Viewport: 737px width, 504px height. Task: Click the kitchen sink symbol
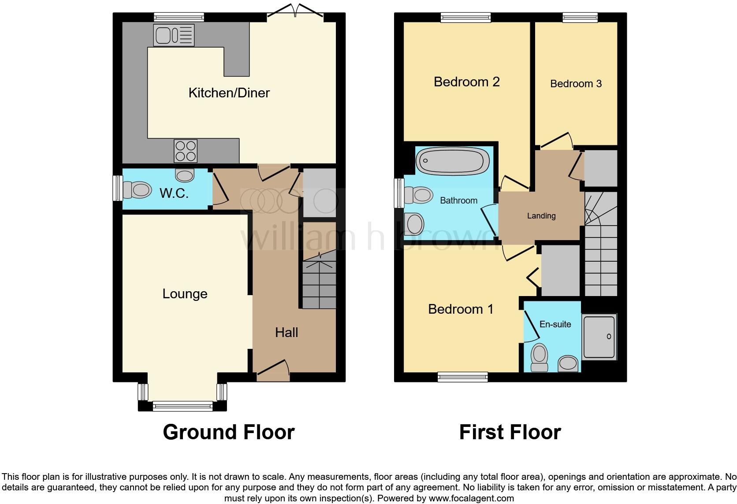tap(173, 35)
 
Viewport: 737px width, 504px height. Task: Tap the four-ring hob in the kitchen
tap(186, 151)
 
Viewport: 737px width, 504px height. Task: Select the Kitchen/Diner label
tap(229, 93)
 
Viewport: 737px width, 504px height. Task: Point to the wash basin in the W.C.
tap(184, 175)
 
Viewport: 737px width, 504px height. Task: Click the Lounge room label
tap(185, 294)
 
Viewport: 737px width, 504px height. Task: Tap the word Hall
tap(287, 333)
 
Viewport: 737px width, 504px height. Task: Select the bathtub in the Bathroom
tap(453, 161)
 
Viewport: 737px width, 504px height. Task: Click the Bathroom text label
tap(458, 200)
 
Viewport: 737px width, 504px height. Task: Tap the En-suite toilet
tap(539, 357)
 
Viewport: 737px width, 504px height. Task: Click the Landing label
tap(541, 216)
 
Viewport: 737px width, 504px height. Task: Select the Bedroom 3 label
tap(575, 84)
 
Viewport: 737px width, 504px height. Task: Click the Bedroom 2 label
tap(466, 82)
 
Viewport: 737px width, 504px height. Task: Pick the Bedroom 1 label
tap(461, 309)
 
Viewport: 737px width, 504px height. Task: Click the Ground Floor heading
tap(228, 432)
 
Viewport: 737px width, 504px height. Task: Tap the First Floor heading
tap(510, 432)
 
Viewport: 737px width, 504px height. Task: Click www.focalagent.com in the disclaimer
tap(471, 498)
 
